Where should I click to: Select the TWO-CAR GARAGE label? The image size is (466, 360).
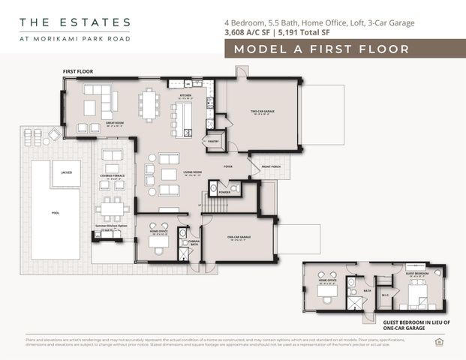(262, 112)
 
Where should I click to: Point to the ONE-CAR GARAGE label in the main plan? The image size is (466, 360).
(239, 237)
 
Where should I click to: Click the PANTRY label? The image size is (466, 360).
(213, 140)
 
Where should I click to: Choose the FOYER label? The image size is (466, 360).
(227, 166)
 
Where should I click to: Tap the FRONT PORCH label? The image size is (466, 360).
(271, 166)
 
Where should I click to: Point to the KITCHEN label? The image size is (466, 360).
(185, 97)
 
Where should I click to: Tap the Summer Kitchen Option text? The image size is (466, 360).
(111, 224)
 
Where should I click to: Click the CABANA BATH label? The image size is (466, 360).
(194, 243)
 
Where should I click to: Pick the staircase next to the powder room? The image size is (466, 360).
(215, 203)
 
